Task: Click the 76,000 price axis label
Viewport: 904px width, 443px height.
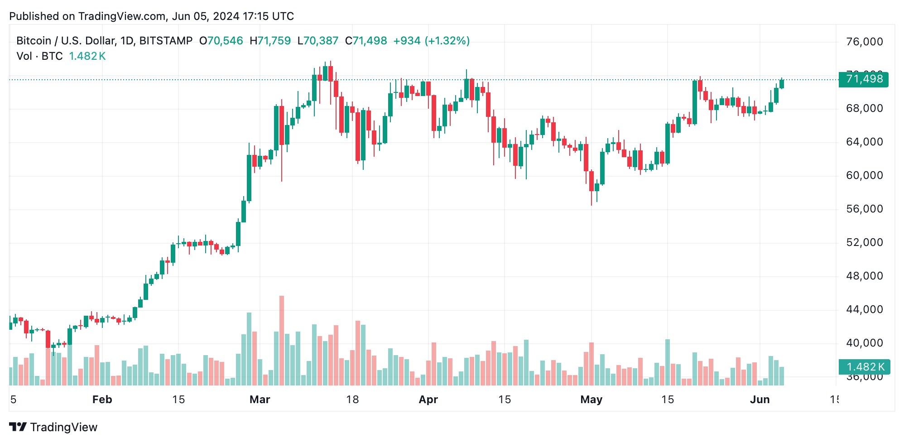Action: point(864,42)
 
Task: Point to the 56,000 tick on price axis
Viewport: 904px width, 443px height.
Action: point(864,209)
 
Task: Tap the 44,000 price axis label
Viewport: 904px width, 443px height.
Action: point(864,309)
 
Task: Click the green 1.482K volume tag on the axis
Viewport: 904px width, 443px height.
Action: point(864,367)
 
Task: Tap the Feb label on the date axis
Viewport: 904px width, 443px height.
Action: point(102,400)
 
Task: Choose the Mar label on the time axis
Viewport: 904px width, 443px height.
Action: point(260,400)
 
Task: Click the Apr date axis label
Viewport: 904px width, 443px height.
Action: point(428,400)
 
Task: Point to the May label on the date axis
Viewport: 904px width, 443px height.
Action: point(591,400)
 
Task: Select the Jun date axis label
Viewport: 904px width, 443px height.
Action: point(760,400)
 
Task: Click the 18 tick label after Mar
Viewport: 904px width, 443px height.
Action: point(352,400)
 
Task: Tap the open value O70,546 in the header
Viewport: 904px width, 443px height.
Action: point(221,41)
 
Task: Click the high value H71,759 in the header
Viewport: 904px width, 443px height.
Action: point(270,41)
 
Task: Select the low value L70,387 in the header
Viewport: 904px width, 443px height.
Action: point(317,41)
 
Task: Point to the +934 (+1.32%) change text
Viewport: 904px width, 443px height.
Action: point(431,41)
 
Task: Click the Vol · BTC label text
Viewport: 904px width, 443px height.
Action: point(39,56)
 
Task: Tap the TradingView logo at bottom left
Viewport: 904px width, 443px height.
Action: point(53,427)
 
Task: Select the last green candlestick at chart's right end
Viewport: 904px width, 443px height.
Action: point(782,84)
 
